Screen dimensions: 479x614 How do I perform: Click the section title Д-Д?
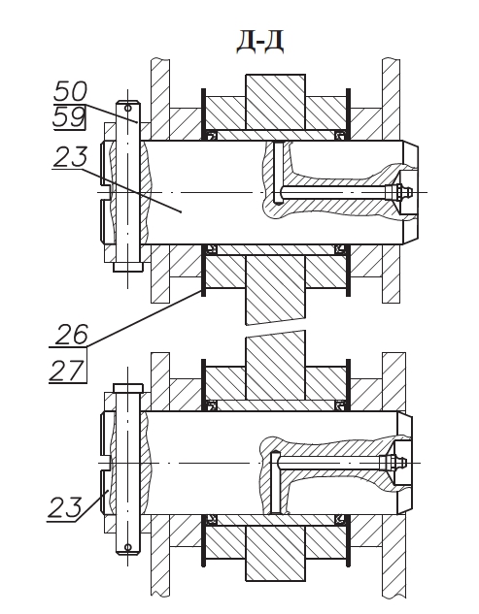(259, 43)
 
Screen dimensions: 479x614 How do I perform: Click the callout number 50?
(70, 91)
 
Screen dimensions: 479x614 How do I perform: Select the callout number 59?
(69, 117)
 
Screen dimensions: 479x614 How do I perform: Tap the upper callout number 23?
(70, 156)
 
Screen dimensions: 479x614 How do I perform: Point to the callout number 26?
(71, 335)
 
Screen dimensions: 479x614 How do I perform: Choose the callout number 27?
(66, 371)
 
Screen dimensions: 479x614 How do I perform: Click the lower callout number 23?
(65, 507)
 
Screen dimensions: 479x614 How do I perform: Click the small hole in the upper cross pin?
(127, 108)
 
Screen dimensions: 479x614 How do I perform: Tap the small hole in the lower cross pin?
(127, 547)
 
